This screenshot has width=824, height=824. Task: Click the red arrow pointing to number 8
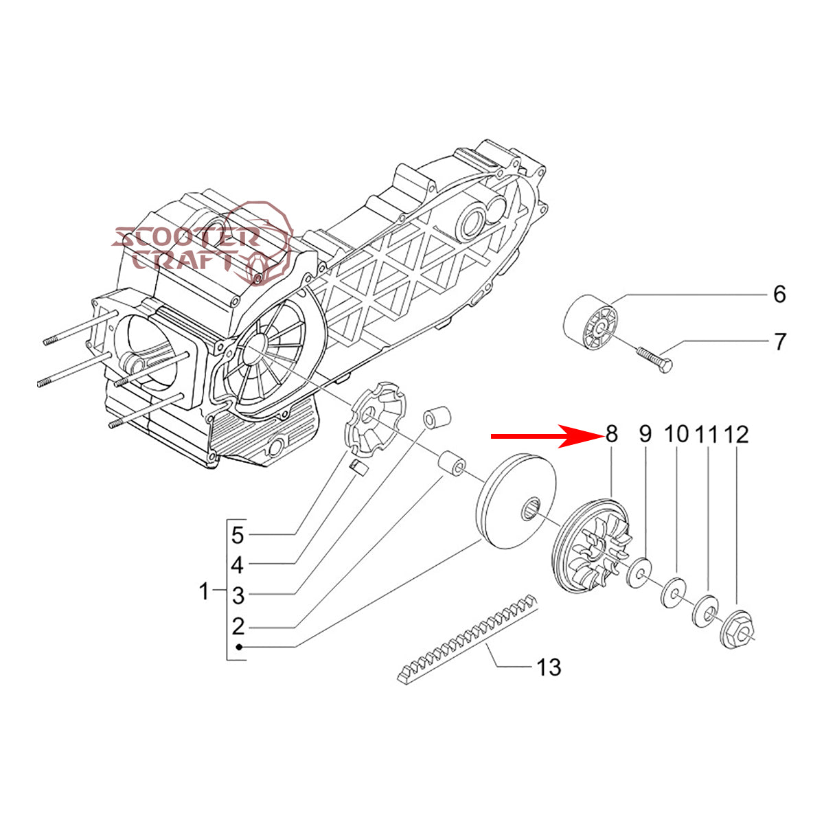542,435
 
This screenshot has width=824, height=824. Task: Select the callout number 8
610,434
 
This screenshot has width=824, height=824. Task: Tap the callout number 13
549,667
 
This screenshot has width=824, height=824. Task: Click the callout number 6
779,295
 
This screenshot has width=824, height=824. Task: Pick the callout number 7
779,341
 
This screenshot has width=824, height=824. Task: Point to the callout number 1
204,591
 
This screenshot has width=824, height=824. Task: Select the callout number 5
237,534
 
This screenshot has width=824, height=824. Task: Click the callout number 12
736,434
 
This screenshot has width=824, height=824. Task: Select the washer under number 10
673,593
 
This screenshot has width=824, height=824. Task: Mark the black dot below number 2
238,647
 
